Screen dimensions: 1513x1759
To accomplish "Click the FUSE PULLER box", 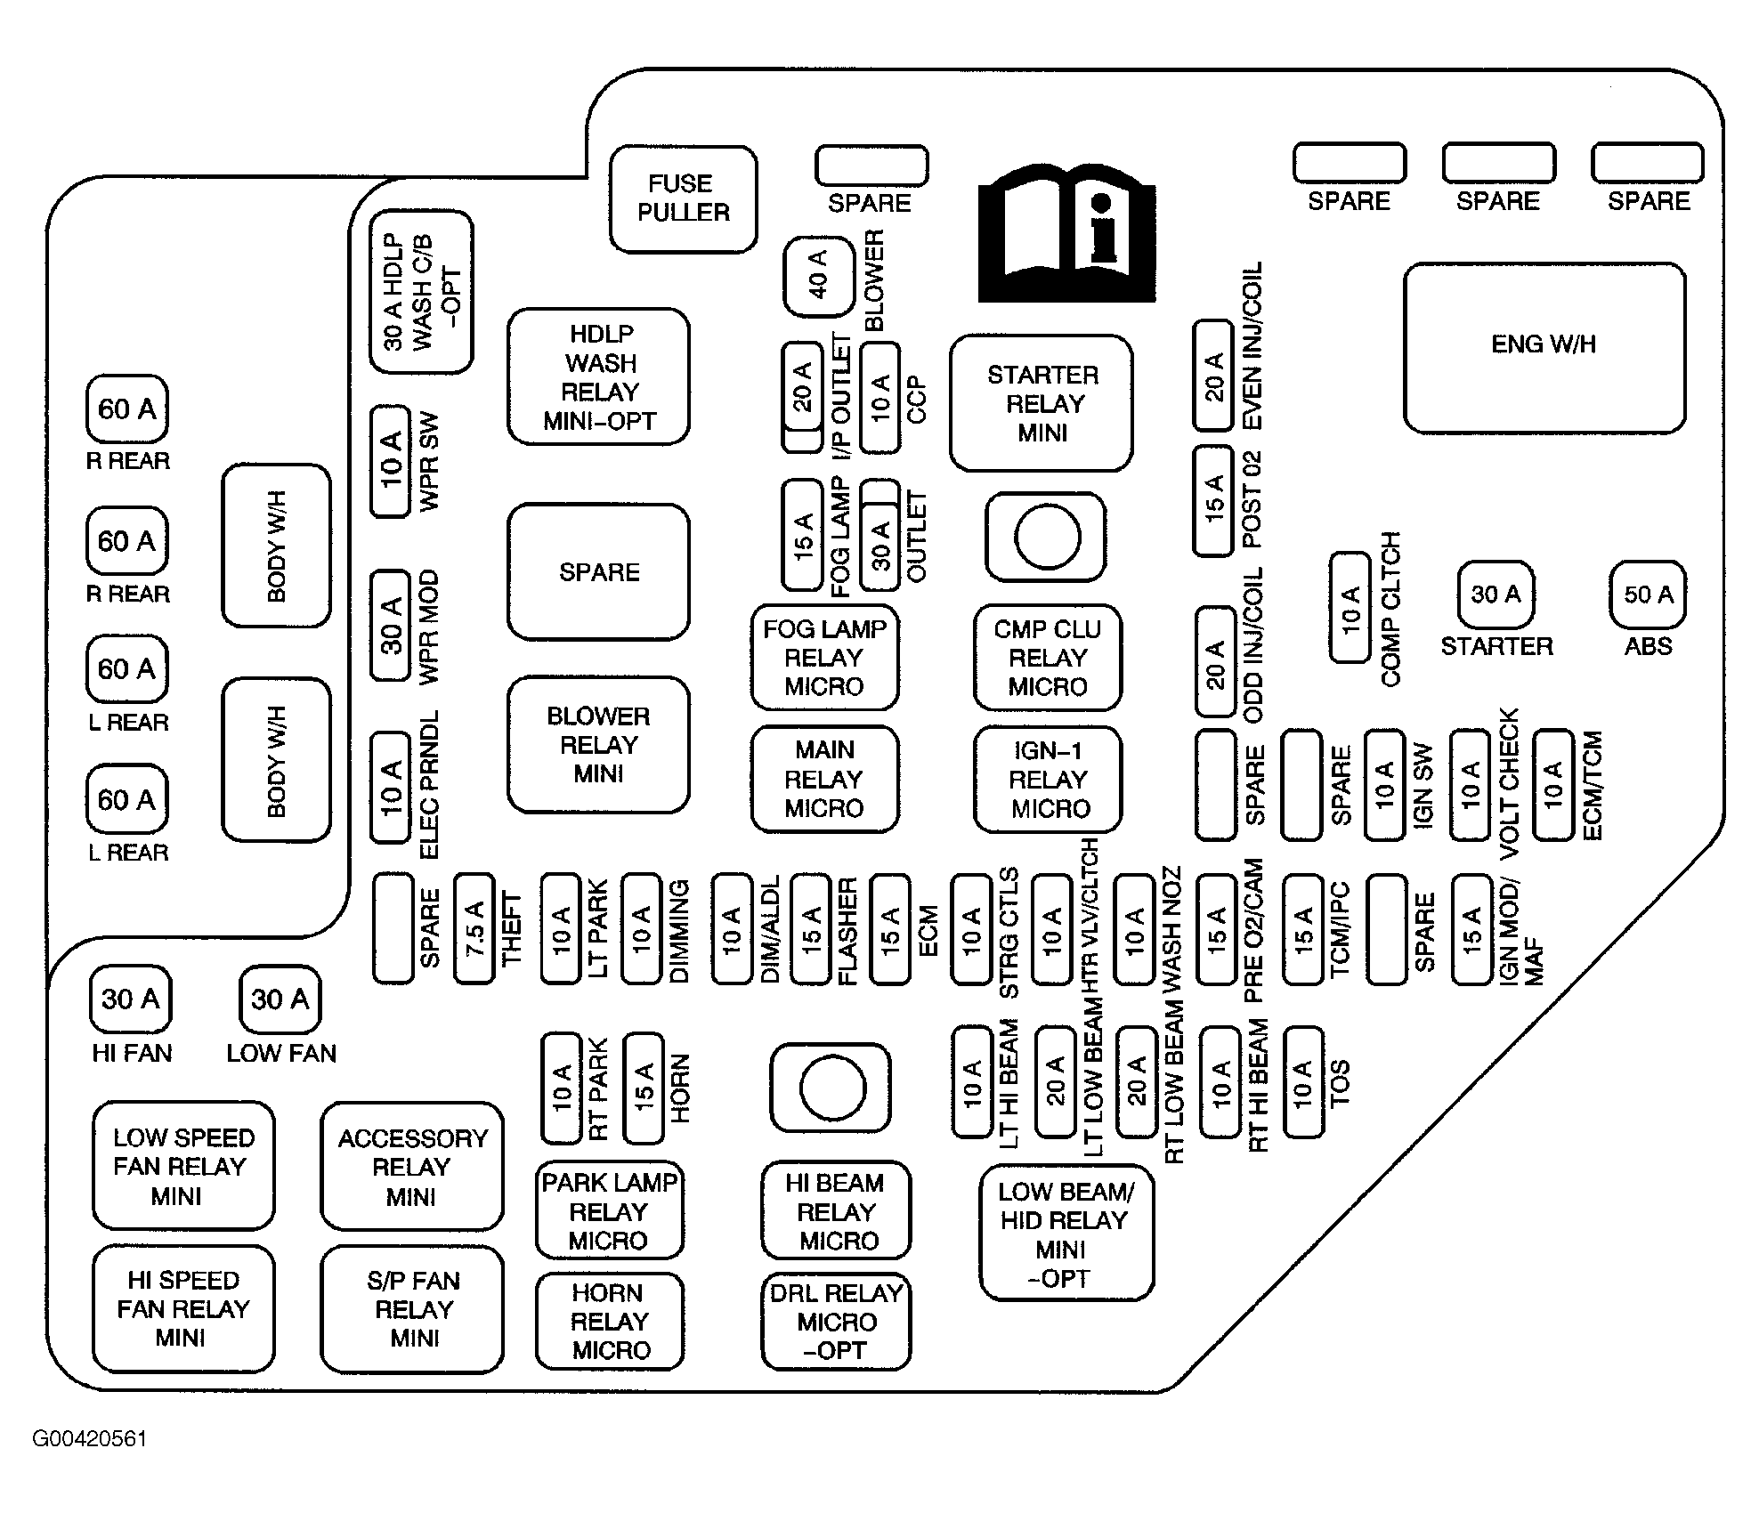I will pyautogui.click(x=683, y=198).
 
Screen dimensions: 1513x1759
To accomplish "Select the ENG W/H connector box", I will pyautogui.click(x=1544, y=346).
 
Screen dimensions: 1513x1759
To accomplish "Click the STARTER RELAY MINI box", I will pyautogui.click(x=1042, y=403).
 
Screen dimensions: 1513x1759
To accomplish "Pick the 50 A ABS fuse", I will pyautogui.click(x=1648, y=595).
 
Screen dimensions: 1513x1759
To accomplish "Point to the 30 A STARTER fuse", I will pyautogui.click(x=1496, y=595).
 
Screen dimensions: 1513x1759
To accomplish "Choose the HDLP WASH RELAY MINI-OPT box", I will pyautogui.click(x=599, y=376).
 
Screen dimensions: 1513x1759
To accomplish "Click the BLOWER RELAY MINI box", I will pyautogui.click(x=598, y=745).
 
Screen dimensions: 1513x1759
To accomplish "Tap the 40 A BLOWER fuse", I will pyautogui.click(x=818, y=277).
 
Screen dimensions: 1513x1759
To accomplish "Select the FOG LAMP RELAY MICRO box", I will pyautogui.click(x=824, y=658).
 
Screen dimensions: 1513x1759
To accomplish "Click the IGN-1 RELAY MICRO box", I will pyautogui.click(x=1048, y=780).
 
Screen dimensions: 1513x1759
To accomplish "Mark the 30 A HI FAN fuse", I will pyautogui.click(x=130, y=999).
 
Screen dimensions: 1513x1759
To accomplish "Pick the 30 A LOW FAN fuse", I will pyautogui.click(x=280, y=999).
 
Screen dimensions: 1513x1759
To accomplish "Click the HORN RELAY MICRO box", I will pyautogui.click(x=610, y=1322).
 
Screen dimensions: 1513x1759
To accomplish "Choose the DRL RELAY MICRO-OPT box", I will pyautogui.click(x=836, y=1322).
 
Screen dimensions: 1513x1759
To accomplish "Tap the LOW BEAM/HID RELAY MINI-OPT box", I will pyautogui.click(x=1066, y=1234).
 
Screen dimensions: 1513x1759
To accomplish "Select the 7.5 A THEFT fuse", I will pyautogui.click(x=474, y=929).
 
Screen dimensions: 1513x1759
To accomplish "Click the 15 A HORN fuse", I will pyautogui.click(x=644, y=1088).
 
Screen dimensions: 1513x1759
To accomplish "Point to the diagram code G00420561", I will pyautogui.click(x=90, y=1439).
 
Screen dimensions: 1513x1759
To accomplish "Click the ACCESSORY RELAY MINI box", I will pyautogui.click(x=411, y=1167).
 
